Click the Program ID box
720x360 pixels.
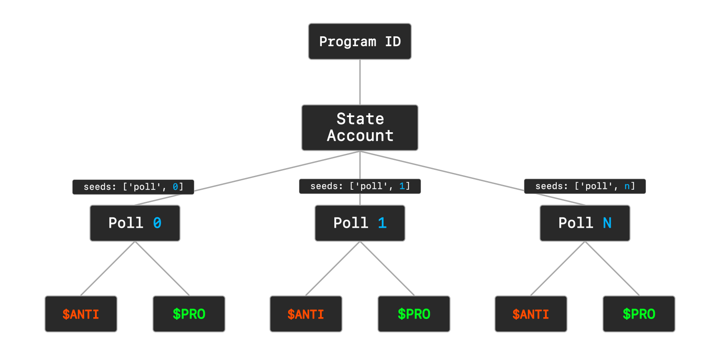[x=360, y=41]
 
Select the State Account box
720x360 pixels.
[x=360, y=127]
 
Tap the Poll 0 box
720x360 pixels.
[x=135, y=223]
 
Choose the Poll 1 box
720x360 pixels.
[x=360, y=223]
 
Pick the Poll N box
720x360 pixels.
[x=585, y=223]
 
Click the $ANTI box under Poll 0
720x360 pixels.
[x=81, y=314]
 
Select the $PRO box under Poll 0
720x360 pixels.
[x=189, y=314]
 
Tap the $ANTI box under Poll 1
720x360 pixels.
[x=306, y=314]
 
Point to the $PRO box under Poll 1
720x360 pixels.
[x=414, y=314]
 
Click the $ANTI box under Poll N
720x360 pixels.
[x=531, y=314]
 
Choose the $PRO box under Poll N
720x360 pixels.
[x=639, y=314]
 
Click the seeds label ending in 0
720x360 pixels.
[x=133, y=187]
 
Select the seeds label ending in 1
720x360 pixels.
[x=360, y=186]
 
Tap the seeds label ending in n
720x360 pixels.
[x=585, y=186]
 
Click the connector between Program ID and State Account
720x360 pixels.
[x=360, y=82]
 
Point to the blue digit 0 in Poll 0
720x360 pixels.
[x=157, y=223]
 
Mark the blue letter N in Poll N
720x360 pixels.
[x=607, y=223]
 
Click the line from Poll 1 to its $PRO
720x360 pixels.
[x=387, y=268]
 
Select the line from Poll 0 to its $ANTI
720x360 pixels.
[x=108, y=268]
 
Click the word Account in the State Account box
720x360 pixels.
[x=360, y=136]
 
